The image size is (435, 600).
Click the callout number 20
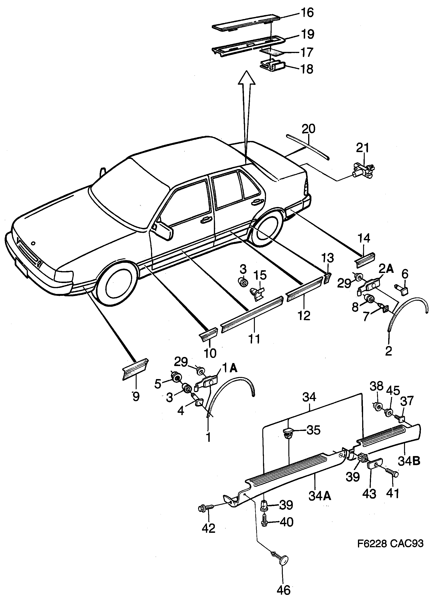[308, 129]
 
